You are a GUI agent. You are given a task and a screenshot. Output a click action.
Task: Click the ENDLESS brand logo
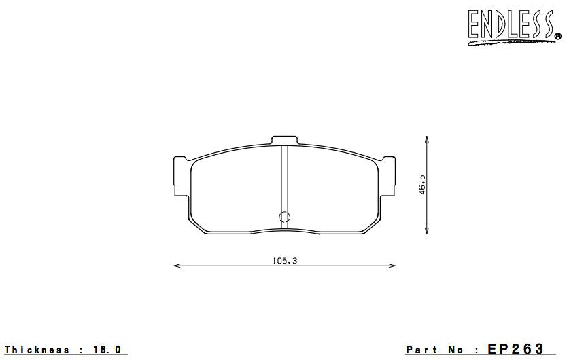pyautogui.click(x=510, y=25)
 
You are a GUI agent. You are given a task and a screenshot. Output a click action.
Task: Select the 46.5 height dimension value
pyautogui.click(x=422, y=185)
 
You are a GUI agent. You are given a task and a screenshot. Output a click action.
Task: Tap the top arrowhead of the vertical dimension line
pyautogui.click(x=426, y=138)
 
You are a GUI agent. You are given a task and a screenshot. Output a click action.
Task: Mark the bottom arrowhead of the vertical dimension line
pyautogui.click(x=426, y=233)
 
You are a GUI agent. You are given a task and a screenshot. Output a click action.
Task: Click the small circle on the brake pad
pyautogui.click(x=285, y=217)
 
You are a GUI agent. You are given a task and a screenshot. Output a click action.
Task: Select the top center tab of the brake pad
pyautogui.click(x=285, y=140)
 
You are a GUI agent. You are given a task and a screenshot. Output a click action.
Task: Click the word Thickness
pyautogui.click(x=37, y=350)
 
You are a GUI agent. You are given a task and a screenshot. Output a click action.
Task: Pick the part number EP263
pyautogui.click(x=517, y=349)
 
